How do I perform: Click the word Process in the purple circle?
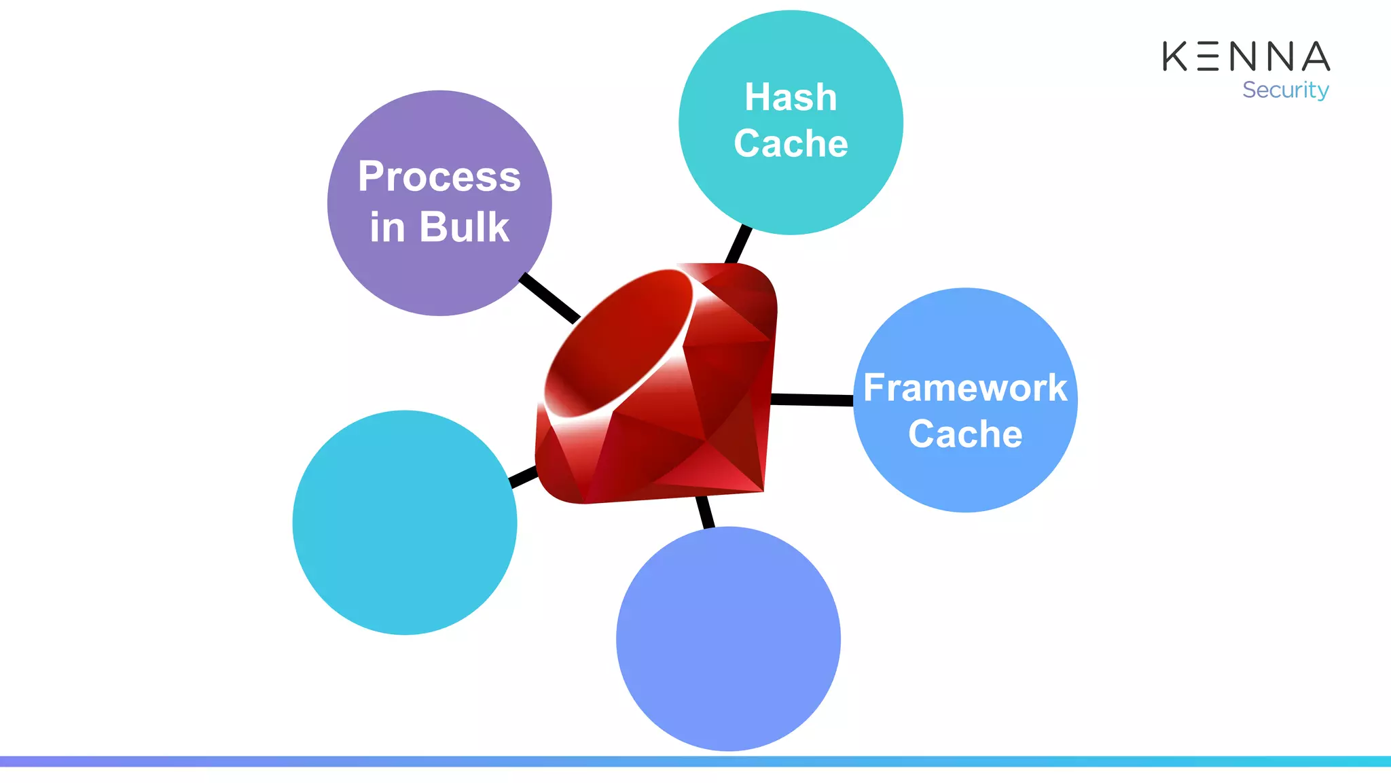pyautogui.click(x=439, y=177)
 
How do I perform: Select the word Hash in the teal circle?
pyautogui.click(x=791, y=97)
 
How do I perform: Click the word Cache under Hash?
pyautogui.click(x=791, y=143)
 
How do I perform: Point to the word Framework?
pyautogui.click(x=964, y=388)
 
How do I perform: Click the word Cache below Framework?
pyautogui.click(x=964, y=434)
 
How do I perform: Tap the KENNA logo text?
pyautogui.click(x=1246, y=56)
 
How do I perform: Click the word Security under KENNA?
pyautogui.click(x=1285, y=90)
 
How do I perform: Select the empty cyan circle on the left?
pyautogui.click(x=405, y=523)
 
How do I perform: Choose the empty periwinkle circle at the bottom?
pyautogui.click(x=728, y=639)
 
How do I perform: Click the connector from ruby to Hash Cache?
pyautogui.click(x=739, y=244)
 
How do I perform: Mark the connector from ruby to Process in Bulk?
pyautogui.click(x=549, y=298)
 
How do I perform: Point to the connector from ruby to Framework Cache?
pyautogui.click(x=812, y=400)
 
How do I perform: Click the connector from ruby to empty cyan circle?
pyautogui.click(x=524, y=477)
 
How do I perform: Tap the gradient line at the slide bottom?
pyautogui.click(x=695, y=761)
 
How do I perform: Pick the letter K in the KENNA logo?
pyautogui.click(x=1175, y=56)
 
